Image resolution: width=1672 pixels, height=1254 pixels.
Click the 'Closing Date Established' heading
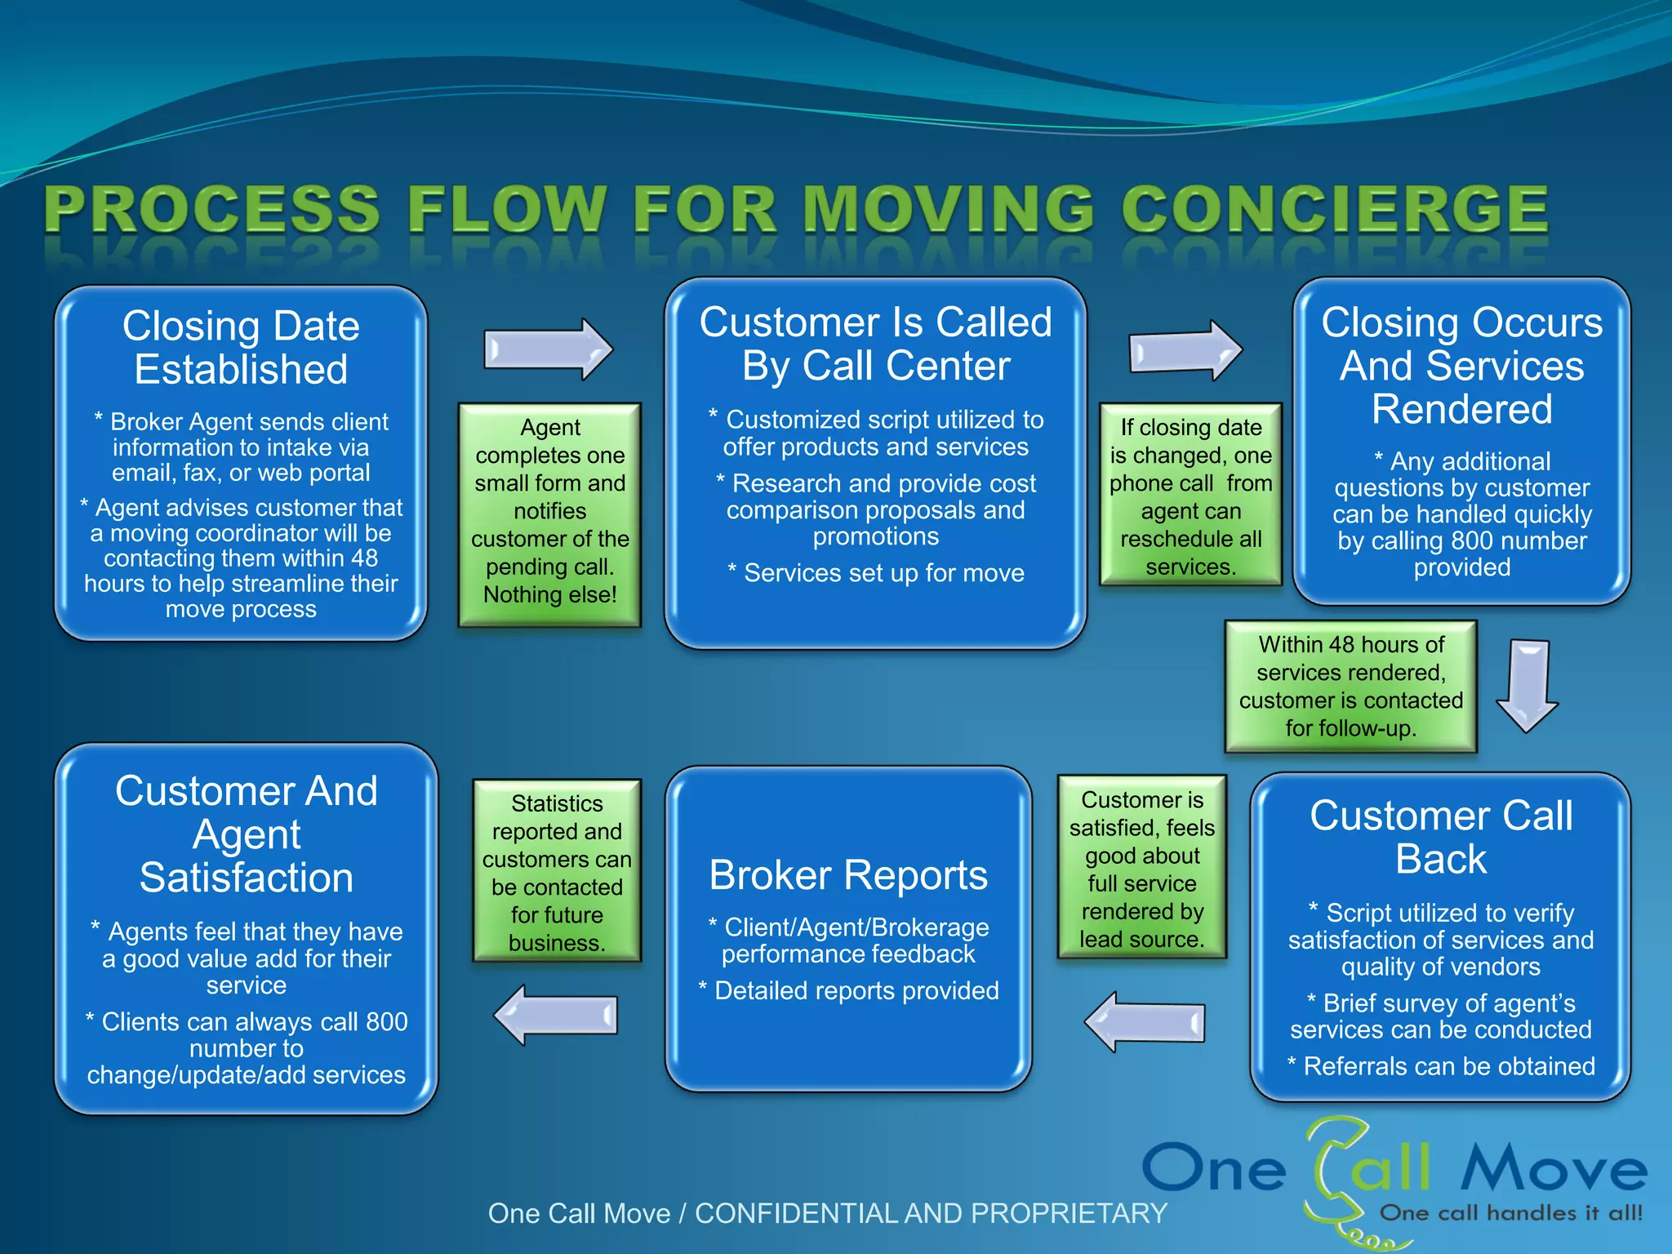(241, 347)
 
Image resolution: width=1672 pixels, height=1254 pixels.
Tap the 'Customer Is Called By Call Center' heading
(875, 344)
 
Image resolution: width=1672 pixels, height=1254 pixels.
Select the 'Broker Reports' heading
(848, 875)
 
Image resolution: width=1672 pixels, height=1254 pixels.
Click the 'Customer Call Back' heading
(1441, 837)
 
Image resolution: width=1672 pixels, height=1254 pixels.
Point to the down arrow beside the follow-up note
(1527, 686)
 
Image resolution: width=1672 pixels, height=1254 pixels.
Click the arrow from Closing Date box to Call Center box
(548, 349)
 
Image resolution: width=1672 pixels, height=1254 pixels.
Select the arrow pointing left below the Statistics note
(557, 1015)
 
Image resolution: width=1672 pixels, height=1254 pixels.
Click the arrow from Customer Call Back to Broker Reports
(1145, 1021)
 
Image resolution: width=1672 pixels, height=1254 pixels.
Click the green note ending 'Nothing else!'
(549, 514)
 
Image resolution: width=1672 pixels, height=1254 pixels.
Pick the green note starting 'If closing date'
(1190, 495)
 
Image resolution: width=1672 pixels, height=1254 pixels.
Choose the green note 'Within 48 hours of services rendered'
(1350, 686)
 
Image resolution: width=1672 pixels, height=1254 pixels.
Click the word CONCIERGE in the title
(1335, 210)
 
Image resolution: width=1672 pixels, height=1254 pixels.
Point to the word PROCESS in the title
(214, 210)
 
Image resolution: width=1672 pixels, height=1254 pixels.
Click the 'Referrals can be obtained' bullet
(1441, 1066)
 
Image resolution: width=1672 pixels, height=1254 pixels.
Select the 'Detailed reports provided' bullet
(849, 990)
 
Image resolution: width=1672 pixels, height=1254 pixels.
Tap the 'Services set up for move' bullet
(876, 573)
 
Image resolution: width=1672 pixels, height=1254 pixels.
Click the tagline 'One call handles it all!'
(1510, 1213)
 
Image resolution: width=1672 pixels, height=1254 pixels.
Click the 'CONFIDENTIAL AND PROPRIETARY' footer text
(931, 1213)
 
